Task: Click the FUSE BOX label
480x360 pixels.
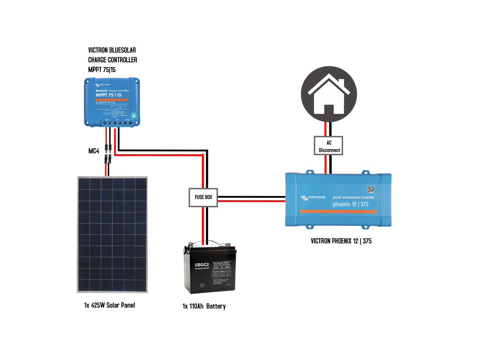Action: [x=203, y=197]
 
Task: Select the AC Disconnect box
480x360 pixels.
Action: [x=329, y=146]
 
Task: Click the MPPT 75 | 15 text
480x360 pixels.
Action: [x=108, y=95]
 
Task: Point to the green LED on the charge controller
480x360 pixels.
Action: [x=134, y=115]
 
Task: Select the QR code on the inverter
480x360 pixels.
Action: [x=370, y=189]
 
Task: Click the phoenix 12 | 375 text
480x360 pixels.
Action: [x=349, y=204]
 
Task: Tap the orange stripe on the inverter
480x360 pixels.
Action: [x=338, y=211]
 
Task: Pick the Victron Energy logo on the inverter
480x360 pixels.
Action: [x=314, y=198]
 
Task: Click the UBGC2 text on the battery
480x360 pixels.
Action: [x=201, y=266]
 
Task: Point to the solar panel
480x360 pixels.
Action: [x=112, y=234]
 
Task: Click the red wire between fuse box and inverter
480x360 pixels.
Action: [x=251, y=201]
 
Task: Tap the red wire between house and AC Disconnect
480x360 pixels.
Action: [x=325, y=128]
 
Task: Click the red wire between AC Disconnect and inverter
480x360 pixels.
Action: [x=325, y=164]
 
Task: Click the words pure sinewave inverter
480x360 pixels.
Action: [x=353, y=197]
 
